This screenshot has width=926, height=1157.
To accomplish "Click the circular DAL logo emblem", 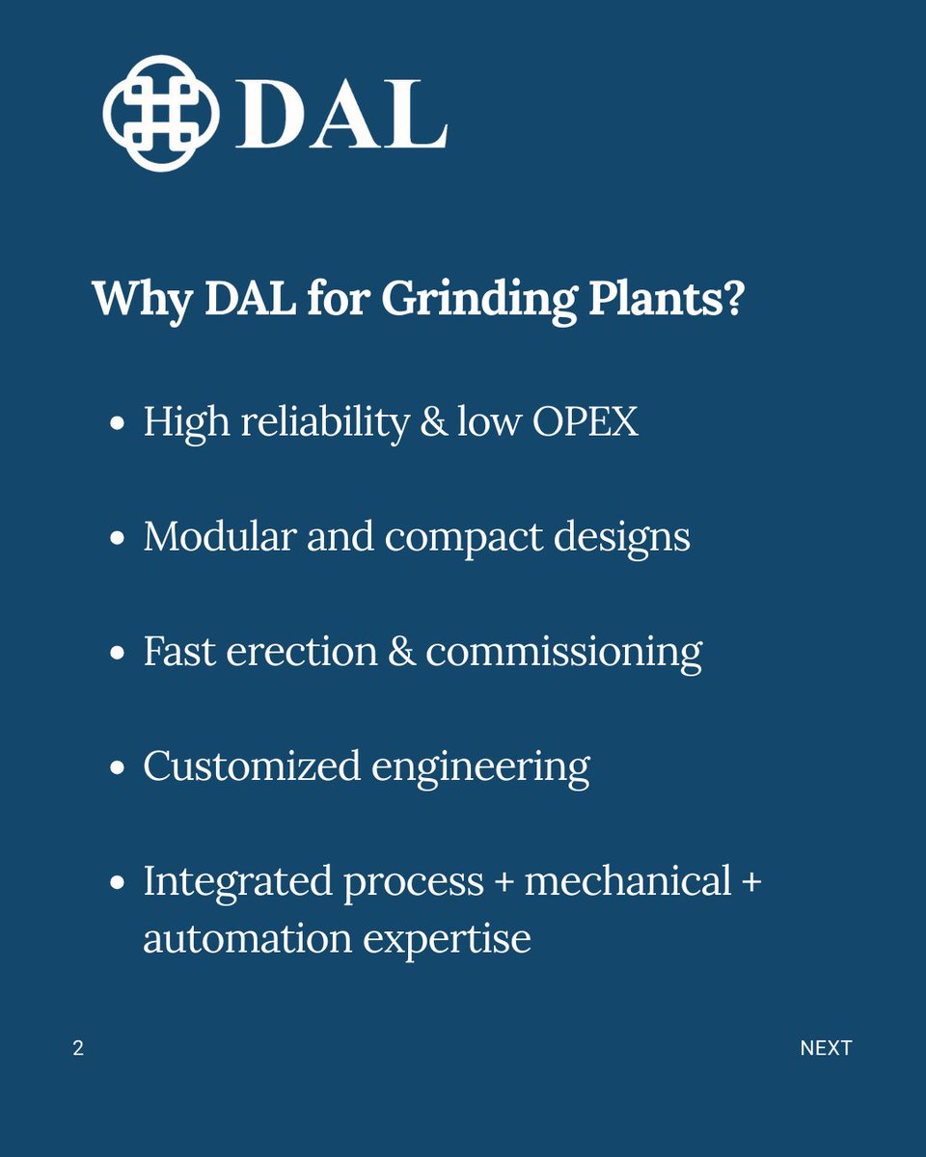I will tap(161, 113).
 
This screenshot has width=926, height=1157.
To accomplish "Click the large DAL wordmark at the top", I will tap(341, 115).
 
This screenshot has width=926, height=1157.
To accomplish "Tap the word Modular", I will tap(218, 537).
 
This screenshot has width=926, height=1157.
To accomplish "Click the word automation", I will tap(247, 938).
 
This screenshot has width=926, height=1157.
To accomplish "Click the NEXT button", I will tap(826, 1048).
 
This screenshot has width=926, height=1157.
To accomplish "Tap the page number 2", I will tap(78, 1048).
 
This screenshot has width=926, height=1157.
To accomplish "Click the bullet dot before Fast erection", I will tap(118, 654).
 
